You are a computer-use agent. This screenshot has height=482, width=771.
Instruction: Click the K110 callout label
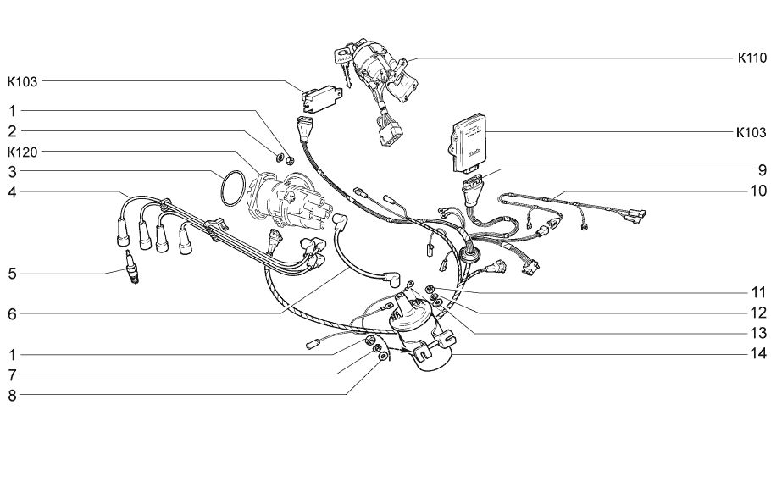(752, 58)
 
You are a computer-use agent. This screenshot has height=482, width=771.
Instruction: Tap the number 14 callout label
(758, 353)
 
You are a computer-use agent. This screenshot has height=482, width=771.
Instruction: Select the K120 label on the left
(22, 152)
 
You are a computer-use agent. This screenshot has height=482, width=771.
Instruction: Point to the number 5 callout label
(13, 274)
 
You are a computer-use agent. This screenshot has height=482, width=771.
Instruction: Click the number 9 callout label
(763, 170)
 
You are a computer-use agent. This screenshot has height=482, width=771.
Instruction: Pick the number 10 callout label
(758, 191)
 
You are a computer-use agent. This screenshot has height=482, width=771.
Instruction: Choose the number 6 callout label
(13, 313)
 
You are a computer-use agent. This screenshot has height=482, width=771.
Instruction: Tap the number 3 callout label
(13, 172)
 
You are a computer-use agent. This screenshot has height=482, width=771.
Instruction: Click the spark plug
(132, 267)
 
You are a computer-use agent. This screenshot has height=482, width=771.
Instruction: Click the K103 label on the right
(752, 132)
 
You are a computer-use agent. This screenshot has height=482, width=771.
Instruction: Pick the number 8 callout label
(13, 395)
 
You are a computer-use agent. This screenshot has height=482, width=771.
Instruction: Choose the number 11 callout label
(758, 292)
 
